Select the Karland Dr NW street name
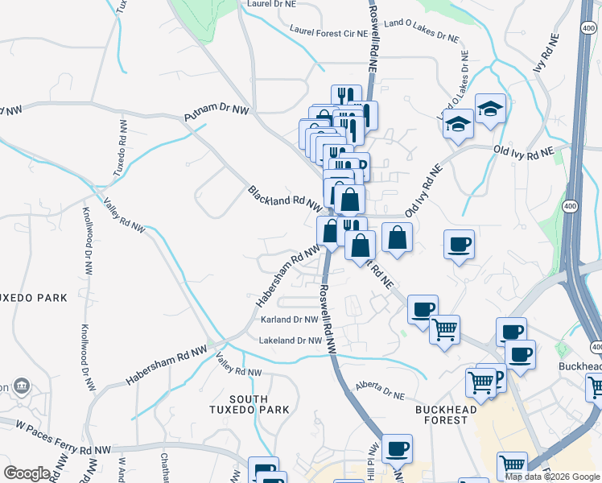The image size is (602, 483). coord(290,320)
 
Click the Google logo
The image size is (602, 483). coord(27,473)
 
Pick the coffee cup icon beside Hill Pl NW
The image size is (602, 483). coord(397,448)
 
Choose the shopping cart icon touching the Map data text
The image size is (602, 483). coord(513,464)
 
